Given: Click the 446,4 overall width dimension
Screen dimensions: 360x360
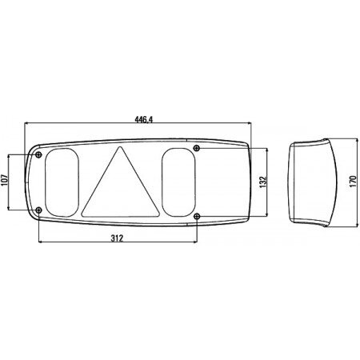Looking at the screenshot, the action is [x=144, y=120].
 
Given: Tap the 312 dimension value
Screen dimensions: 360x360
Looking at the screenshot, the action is [x=117, y=238].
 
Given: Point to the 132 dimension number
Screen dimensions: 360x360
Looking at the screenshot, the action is [x=263, y=182].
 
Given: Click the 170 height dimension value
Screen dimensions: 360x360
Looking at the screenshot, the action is [x=353, y=182].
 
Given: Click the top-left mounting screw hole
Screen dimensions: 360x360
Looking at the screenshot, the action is [x=39, y=154].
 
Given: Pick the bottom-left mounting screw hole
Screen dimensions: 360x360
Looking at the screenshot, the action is [x=39, y=210].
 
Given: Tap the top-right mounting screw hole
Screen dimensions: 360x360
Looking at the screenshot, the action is [x=197, y=148].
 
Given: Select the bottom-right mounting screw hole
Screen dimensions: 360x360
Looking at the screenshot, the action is [x=197, y=216].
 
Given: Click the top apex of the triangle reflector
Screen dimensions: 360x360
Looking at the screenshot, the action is [x=120, y=147].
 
